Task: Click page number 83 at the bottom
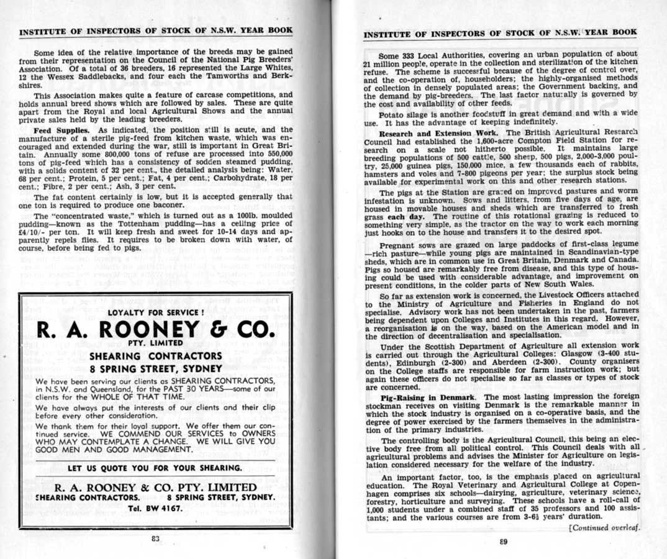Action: (156, 539)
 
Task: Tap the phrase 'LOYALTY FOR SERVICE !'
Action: (155, 312)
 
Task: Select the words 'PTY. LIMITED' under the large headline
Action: (155, 342)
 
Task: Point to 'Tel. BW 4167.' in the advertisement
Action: (155, 508)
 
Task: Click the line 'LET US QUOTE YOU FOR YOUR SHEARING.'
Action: (155, 467)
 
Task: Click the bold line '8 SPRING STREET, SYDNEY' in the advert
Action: (155, 368)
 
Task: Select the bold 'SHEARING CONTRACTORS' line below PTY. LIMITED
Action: (155, 356)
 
